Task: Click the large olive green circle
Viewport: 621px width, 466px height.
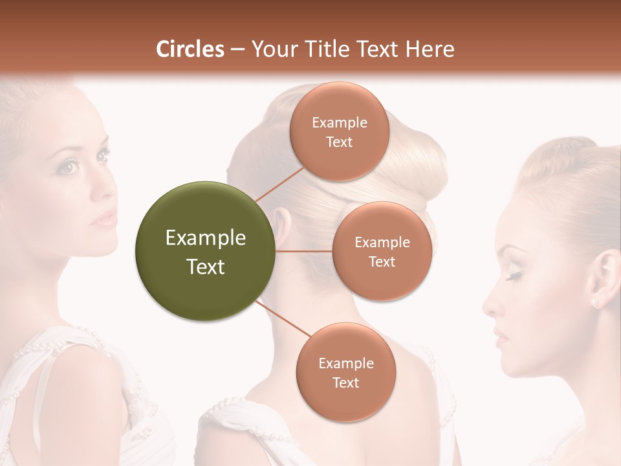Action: tap(205, 251)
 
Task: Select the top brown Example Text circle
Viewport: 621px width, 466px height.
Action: tap(340, 131)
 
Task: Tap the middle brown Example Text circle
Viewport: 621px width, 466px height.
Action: tap(382, 251)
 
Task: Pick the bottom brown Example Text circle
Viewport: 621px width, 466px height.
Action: tap(345, 372)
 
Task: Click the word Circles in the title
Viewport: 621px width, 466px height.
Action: tap(190, 49)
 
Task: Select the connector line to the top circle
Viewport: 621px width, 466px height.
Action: tap(280, 184)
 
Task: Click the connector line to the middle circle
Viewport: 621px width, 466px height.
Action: tap(304, 251)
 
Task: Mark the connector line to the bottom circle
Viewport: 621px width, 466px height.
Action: tap(285, 318)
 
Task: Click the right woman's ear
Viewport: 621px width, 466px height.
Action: tap(605, 275)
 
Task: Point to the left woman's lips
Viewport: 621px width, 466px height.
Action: tap(103, 219)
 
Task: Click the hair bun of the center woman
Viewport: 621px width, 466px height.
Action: tap(414, 162)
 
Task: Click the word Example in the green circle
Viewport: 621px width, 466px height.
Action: tap(205, 238)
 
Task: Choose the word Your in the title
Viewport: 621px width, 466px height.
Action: tap(272, 49)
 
